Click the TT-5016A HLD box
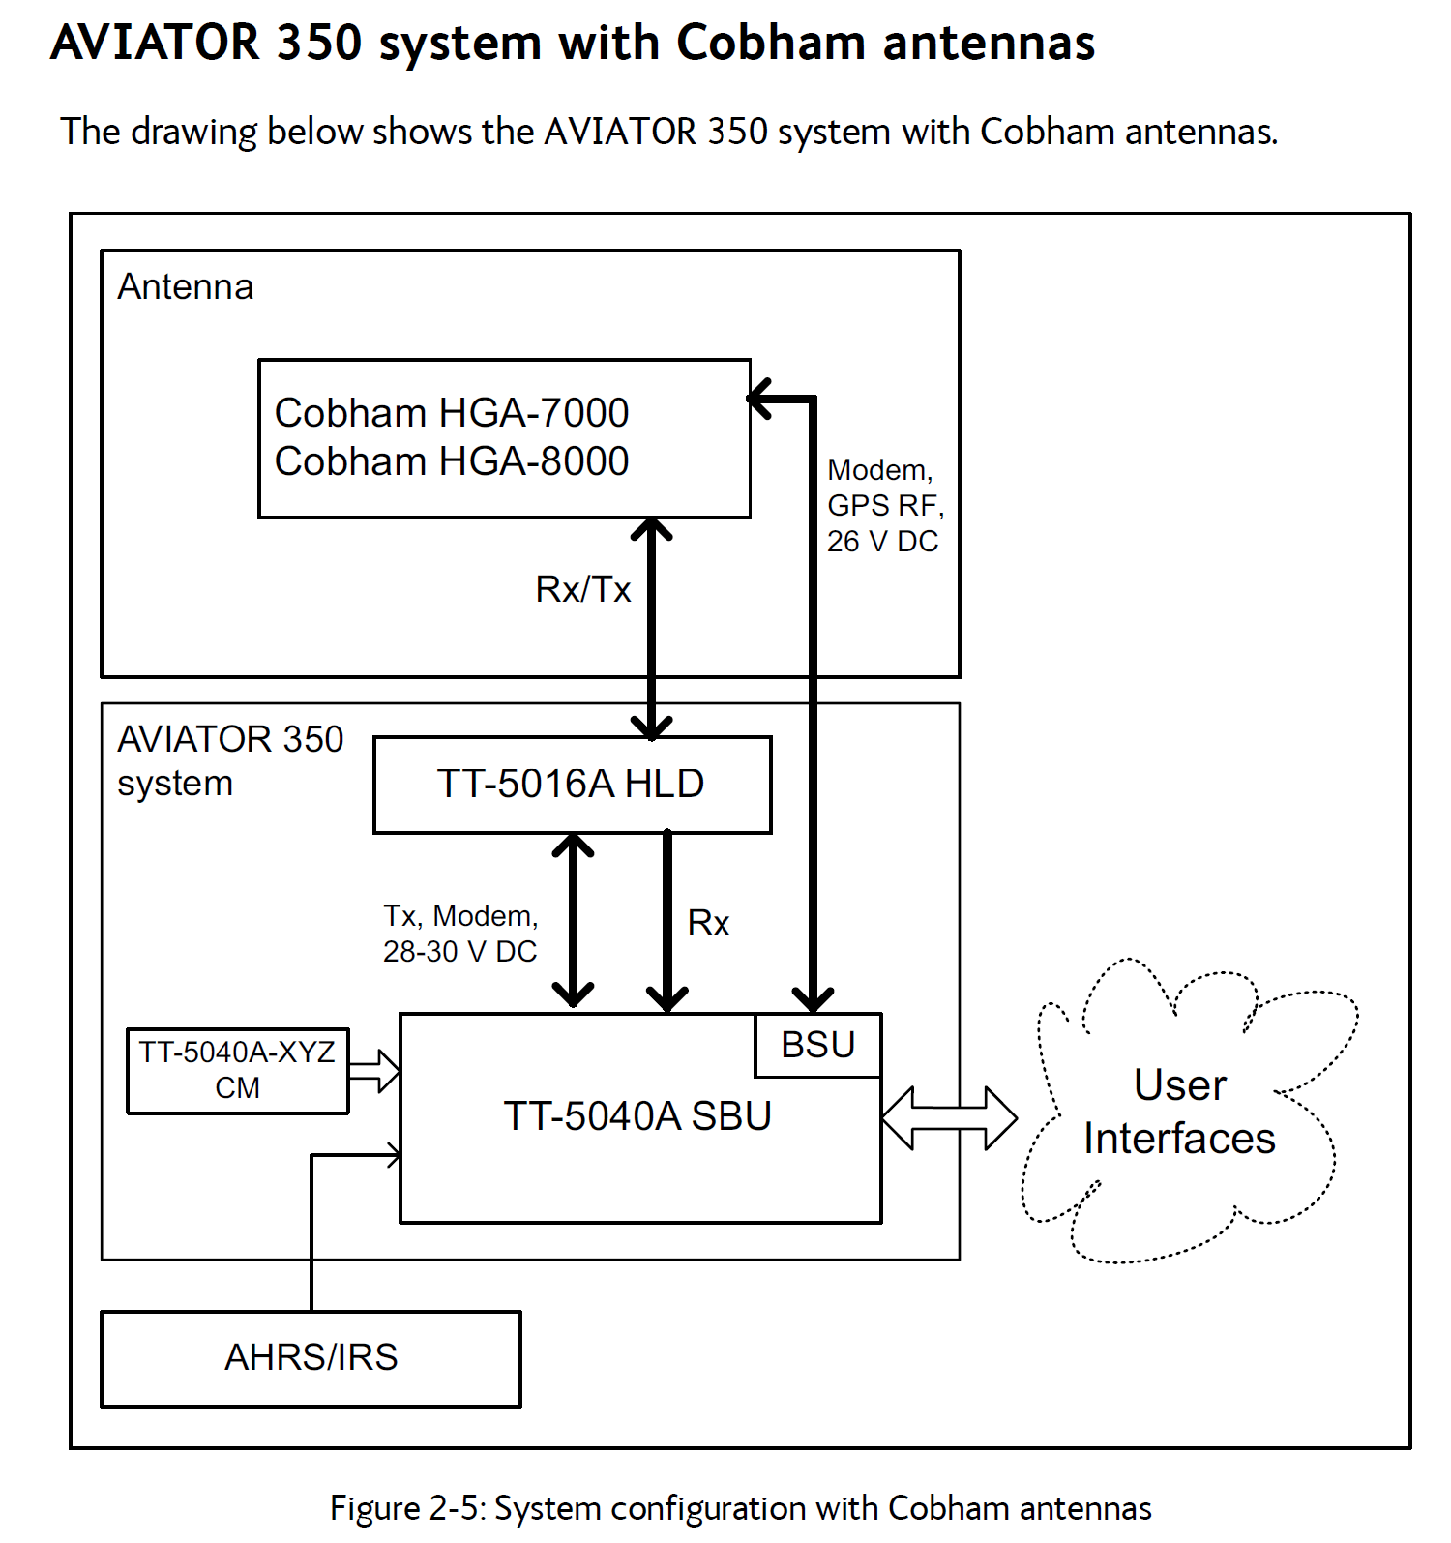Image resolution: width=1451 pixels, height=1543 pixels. point(573,785)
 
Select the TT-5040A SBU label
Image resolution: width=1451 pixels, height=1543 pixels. point(637,1116)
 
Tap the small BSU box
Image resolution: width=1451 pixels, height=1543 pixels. point(818,1045)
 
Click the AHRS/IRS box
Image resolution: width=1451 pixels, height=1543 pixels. point(311,1358)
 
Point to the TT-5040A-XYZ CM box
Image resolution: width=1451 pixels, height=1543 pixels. point(238,1071)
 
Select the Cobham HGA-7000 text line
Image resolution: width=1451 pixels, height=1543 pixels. point(452,413)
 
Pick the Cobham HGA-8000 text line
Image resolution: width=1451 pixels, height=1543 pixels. point(452,461)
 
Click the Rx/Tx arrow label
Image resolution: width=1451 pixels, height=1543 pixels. point(583,589)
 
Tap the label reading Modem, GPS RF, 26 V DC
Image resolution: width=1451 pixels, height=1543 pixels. point(885,506)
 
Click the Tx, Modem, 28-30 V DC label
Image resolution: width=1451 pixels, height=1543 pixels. point(460,934)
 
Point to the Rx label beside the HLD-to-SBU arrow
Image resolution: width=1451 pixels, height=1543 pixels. point(708,923)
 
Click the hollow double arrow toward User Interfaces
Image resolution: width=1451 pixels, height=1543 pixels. point(949,1118)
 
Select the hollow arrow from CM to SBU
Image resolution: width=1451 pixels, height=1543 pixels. point(374,1071)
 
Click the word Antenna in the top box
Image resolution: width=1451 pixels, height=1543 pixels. point(186,287)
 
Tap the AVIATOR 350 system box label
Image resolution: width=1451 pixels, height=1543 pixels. point(230,761)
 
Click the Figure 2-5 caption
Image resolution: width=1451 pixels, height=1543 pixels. point(741,1508)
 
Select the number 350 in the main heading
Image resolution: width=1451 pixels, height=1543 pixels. point(319,43)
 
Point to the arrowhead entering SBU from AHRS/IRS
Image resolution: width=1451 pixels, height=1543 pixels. point(393,1154)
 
